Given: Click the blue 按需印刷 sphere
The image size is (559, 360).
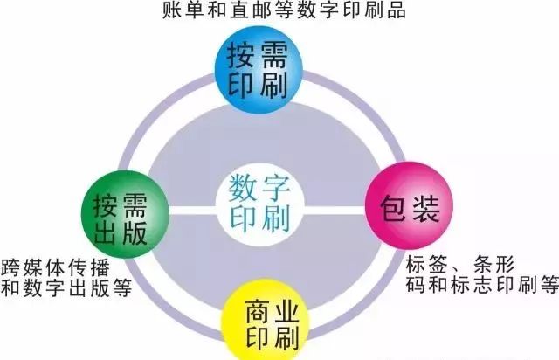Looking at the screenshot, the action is (x=261, y=67).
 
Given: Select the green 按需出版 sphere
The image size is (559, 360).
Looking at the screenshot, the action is (x=121, y=211).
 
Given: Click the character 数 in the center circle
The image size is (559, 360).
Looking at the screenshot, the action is (x=246, y=186).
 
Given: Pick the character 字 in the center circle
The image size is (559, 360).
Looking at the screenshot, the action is (x=279, y=186).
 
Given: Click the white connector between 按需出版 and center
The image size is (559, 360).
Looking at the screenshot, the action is (x=188, y=211).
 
